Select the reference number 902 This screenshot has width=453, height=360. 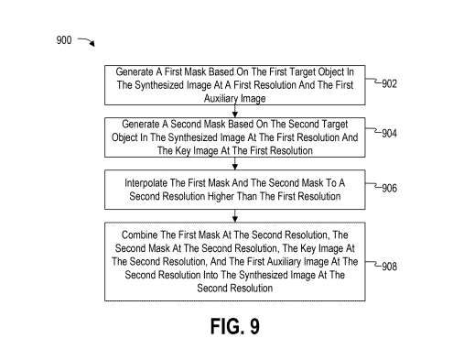tap(389, 83)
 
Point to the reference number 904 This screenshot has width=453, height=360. tap(389, 134)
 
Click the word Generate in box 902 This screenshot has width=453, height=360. tap(135, 71)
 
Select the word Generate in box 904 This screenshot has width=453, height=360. tap(145, 123)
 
